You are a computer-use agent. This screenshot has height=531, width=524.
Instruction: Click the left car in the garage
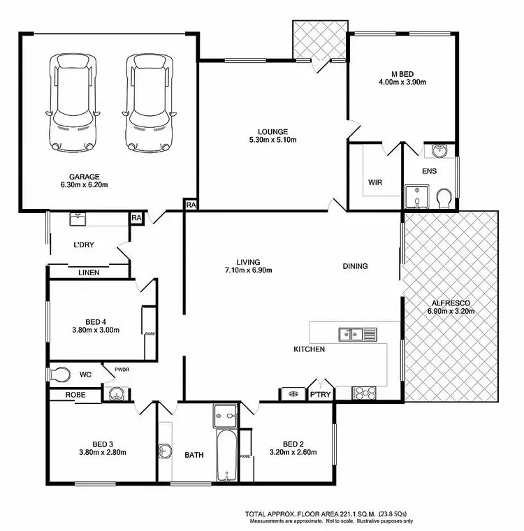coord(72,103)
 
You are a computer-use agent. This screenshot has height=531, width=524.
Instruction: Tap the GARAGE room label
coord(84,176)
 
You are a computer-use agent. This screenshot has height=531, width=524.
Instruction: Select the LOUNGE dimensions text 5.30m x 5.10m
coord(272,140)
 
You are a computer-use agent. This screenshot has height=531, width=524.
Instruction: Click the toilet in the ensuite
coord(443,199)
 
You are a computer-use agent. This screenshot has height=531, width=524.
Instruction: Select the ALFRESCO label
coord(450,303)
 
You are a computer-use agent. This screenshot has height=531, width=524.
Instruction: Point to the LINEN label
coord(89,272)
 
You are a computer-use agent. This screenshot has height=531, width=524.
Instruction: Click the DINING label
coord(355,266)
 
